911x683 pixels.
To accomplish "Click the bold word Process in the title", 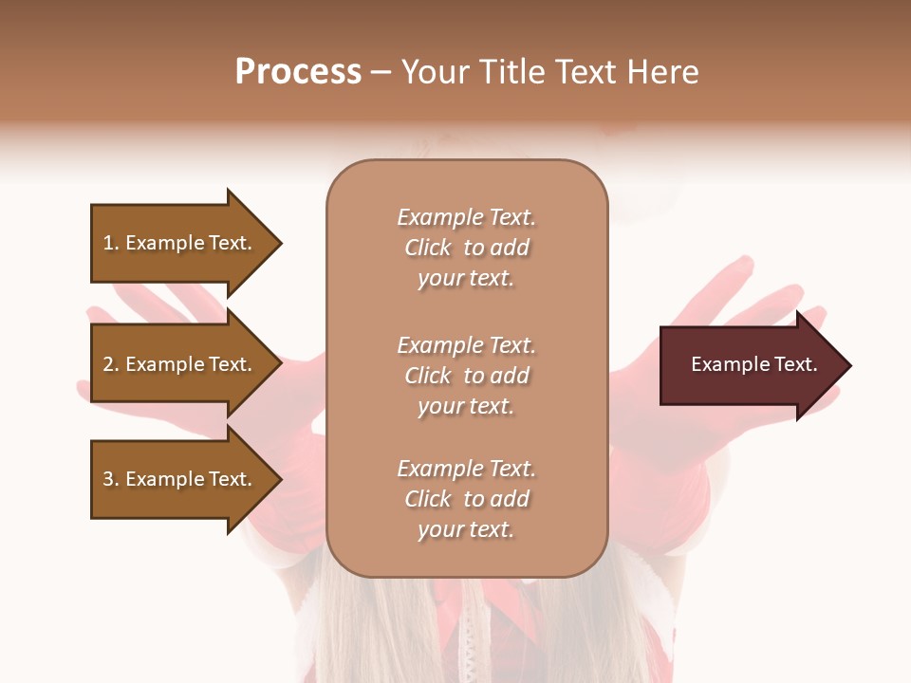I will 298,72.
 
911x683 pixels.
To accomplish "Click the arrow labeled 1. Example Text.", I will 180,243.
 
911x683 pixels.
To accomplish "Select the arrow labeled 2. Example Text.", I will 180,364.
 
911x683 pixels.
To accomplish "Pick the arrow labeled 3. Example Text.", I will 180,479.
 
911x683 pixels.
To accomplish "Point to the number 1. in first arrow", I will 111,243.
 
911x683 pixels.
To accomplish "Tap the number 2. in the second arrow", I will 111,364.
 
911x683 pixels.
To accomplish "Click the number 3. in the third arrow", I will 111,479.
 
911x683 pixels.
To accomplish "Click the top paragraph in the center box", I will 466,248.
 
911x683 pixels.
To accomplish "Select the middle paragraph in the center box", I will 466,376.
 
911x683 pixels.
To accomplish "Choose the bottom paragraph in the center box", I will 466,499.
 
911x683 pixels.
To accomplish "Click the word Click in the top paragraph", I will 427,248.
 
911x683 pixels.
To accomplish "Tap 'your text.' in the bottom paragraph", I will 466,529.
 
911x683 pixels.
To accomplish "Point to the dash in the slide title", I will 381,73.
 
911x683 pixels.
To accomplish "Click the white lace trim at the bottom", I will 466,636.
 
